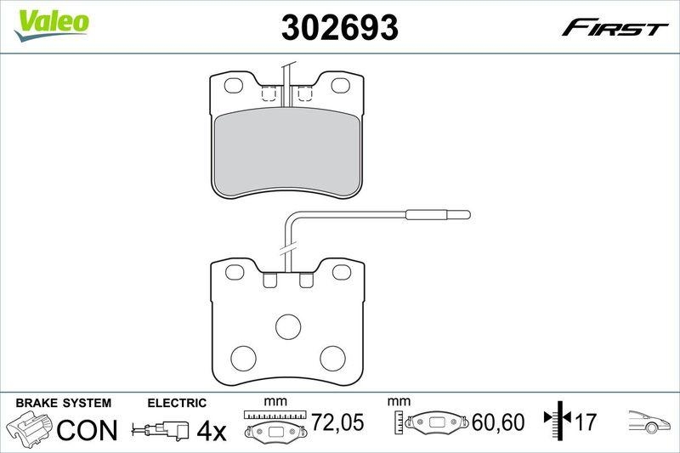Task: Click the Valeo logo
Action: tap(50, 21)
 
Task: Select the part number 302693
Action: tap(340, 28)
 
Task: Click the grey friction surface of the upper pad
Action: tap(286, 153)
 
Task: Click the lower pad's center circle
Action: tap(287, 326)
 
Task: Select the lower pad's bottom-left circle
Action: tap(245, 357)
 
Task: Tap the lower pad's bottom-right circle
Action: tap(331, 357)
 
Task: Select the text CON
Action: tap(87, 429)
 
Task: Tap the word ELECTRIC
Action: tap(177, 403)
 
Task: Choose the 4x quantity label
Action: tap(212, 431)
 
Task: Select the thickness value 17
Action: tap(585, 420)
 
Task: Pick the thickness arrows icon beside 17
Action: tap(557, 420)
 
